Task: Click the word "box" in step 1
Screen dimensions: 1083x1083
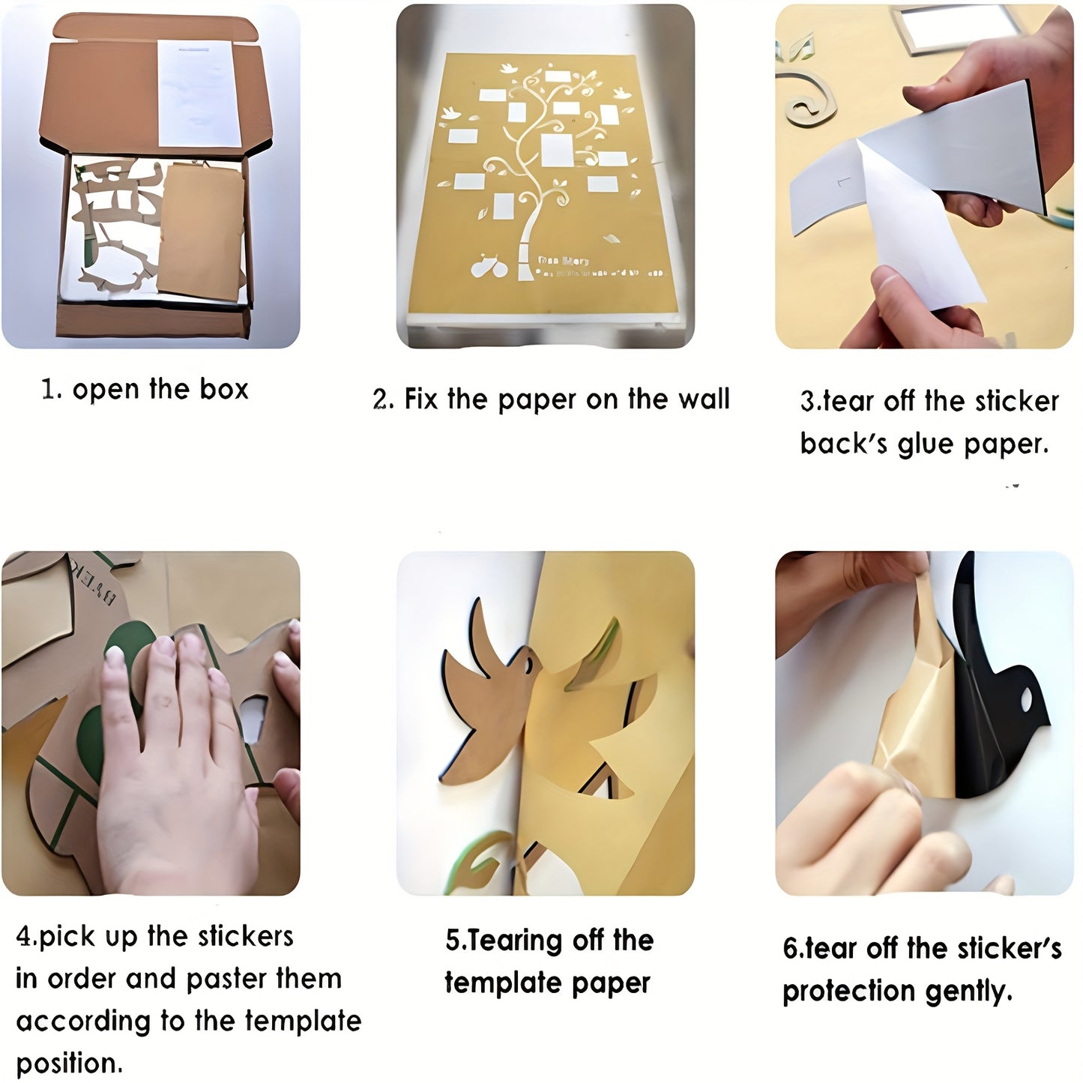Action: tap(223, 389)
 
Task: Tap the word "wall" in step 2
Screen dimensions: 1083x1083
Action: tap(701, 399)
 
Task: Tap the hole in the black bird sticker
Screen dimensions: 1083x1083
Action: tap(1025, 700)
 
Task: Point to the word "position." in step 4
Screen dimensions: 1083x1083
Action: tap(69, 1063)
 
